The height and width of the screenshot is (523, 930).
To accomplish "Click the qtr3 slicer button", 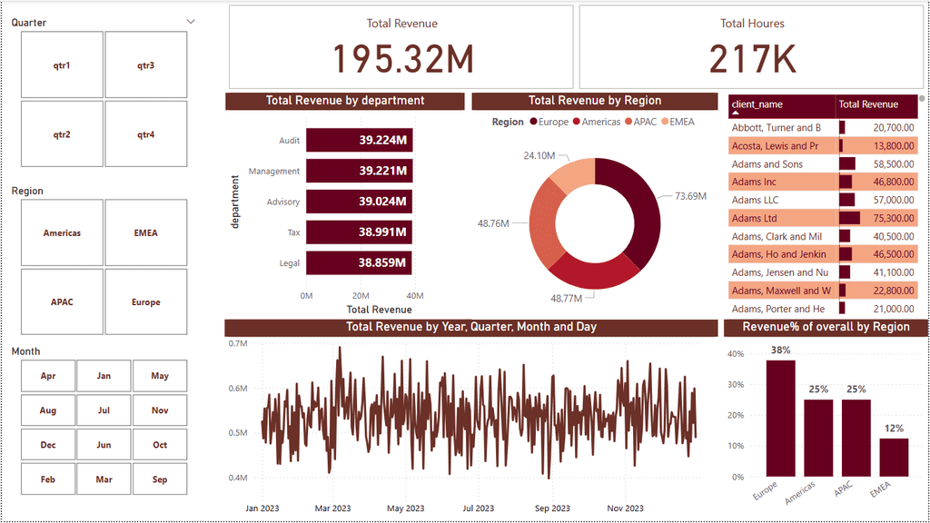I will pyautogui.click(x=145, y=65).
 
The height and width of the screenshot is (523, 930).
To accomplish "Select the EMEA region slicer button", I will pyautogui.click(x=145, y=233).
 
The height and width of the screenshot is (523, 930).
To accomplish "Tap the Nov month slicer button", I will pyautogui.click(x=160, y=410).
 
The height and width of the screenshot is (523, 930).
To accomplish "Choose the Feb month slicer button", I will pyautogui.click(x=48, y=479).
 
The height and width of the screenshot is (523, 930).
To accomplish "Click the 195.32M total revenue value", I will pyautogui.click(x=403, y=58).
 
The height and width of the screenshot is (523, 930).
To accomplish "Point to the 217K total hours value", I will pyautogui.click(x=752, y=58).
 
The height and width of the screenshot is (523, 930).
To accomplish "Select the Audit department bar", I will pyautogui.click(x=359, y=141).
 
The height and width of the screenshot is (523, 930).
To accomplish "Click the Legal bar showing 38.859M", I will pyautogui.click(x=359, y=263).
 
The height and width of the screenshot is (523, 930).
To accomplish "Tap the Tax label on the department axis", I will pyautogui.click(x=293, y=232).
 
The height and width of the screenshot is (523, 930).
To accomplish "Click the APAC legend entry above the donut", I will pyautogui.click(x=642, y=122).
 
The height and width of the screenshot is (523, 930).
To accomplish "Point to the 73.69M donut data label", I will pyautogui.click(x=689, y=195).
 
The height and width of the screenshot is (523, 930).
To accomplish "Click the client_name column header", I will pyautogui.click(x=757, y=104).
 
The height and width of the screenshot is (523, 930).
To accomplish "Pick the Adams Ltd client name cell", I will pyautogui.click(x=755, y=218).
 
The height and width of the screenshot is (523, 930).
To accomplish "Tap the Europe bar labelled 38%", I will pyautogui.click(x=780, y=418).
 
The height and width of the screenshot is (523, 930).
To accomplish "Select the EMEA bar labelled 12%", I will pyautogui.click(x=895, y=457).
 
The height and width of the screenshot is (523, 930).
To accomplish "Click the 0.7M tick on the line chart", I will pyautogui.click(x=239, y=344).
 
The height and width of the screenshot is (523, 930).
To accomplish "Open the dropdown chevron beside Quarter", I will pyautogui.click(x=191, y=21).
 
